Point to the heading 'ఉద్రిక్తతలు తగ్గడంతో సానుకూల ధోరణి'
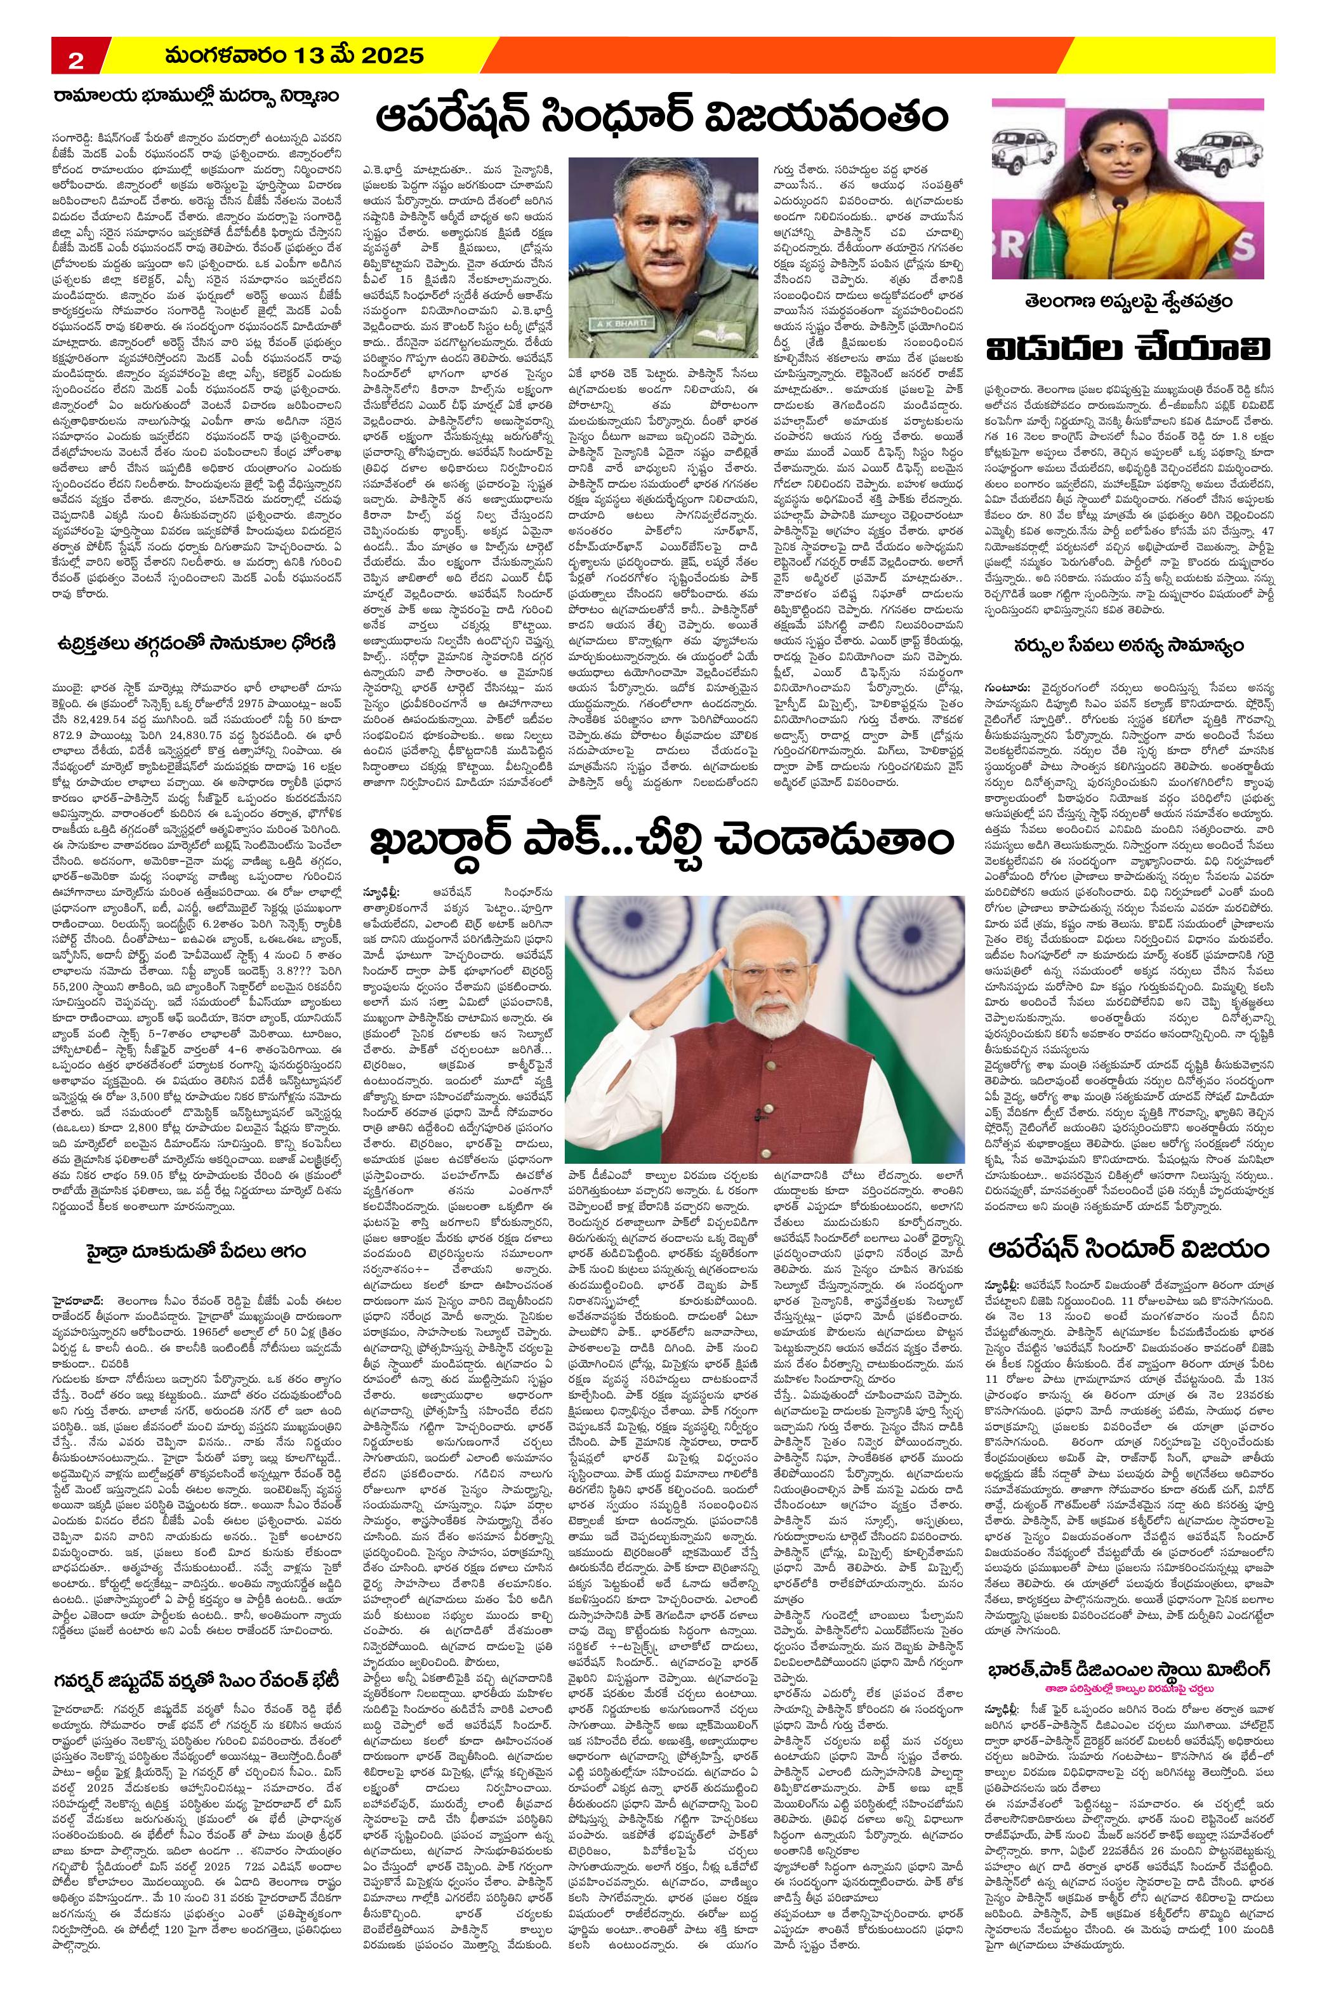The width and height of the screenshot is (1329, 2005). point(193,642)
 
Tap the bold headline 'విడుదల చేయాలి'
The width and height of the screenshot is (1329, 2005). point(1131,347)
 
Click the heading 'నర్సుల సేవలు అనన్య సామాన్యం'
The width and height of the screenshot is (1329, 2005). point(1131,645)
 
